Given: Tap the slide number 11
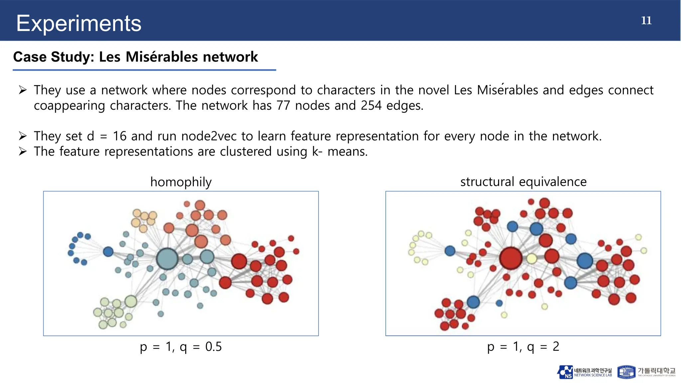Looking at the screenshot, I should pyautogui.click(x=646, y=21).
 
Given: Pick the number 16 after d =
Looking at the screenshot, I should pyautogui.click(x=120, y=136).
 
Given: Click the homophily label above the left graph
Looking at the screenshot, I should pyautogui.click(x=181, y=182).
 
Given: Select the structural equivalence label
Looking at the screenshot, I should pyautogui.click(x=523, y=182).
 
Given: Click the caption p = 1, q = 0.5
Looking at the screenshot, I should pyautogui.click(x=181, y=347).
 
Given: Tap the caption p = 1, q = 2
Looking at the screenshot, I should pyautogui.click(x=523, y=347).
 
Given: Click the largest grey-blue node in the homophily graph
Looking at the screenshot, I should pyautogui.click(x=167, y=259).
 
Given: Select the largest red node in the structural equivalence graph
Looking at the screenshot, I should pyautogui.click(x=511, y=258).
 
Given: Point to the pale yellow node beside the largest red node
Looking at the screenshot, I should pyautogui.click(x=532, y=258).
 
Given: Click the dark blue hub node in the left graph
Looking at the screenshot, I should pyautogui.click(x=108, y=252).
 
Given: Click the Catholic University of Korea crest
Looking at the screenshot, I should pyautogui.click(x=626, y=372).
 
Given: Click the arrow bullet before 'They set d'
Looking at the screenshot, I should pyautogui.click(x=23, y=136).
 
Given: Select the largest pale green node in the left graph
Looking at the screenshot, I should pyautogui.click(x=131, y=301).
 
